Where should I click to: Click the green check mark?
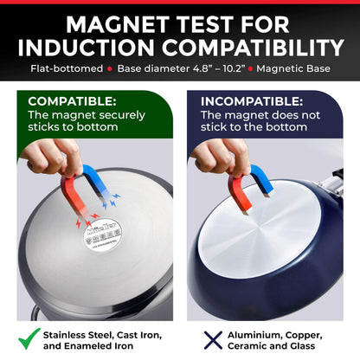click(29, 339)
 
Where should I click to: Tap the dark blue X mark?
click(213, 340)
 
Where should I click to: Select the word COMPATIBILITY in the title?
click(253, 48)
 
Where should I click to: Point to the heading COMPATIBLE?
click(72, 101)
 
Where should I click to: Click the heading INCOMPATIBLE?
click(252, 101)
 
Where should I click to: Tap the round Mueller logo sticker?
click(103, 235)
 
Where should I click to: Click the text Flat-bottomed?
click(67, 68)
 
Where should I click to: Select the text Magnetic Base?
click(293, 68)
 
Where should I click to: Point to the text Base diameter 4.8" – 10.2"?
click(182, 68)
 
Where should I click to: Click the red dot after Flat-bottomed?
click(110, 69)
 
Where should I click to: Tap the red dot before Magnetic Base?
click(250, 69)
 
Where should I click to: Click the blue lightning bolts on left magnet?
click(111, 201)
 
